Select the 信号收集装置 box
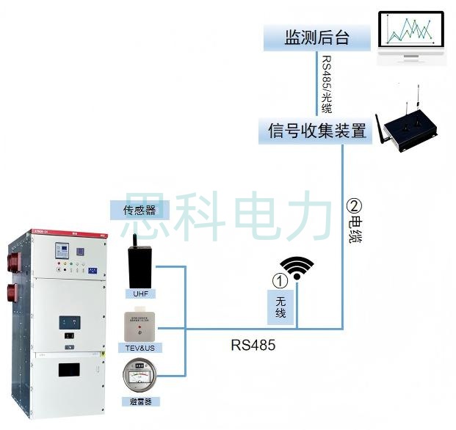click(317, 131)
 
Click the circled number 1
click(279, 280)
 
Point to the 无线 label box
click(280, 307)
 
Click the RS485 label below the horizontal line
click(252, 344)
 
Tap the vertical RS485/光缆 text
click(326, 84)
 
